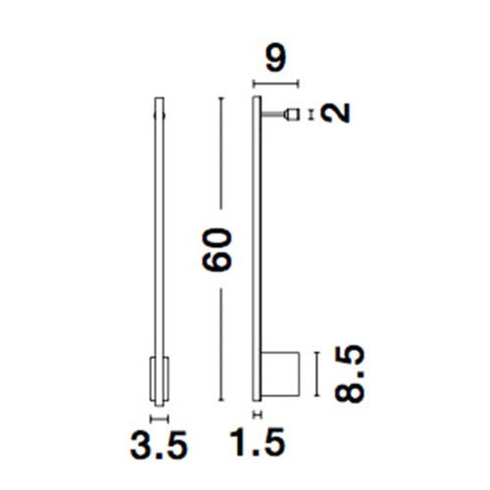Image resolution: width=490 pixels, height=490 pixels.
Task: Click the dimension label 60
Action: (x=217, y=250)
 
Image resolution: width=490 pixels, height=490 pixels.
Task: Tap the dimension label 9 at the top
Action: (x=276, y=59)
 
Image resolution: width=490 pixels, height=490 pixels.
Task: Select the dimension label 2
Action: (x=335, y=113)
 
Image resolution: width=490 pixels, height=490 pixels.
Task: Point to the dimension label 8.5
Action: (x=349, y=373)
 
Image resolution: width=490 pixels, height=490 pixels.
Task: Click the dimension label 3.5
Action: (x=159, y=445)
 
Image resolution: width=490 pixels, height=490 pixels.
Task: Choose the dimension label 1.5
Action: (x=258, y=442)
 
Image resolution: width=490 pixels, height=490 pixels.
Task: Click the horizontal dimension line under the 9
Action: (x=276, y=84)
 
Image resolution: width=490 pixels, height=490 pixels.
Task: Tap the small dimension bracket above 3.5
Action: (x=159, y=418)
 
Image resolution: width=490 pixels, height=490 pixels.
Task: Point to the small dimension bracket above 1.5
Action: (x=258, y=415)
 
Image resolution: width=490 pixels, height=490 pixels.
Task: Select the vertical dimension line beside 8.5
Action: (x=317, y=374)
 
